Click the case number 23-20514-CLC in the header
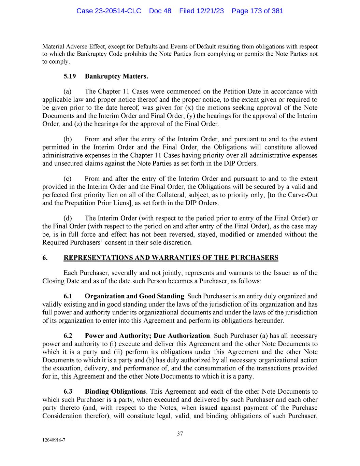pos(109,11)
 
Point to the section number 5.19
pos(70,76)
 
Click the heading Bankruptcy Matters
pos(116,76)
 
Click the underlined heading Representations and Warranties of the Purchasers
pos(171,258)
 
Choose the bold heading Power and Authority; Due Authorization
pos(147,336)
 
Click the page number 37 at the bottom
pos(180,434)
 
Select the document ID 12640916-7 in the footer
pos(54,440)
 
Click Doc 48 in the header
pos(160,11)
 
